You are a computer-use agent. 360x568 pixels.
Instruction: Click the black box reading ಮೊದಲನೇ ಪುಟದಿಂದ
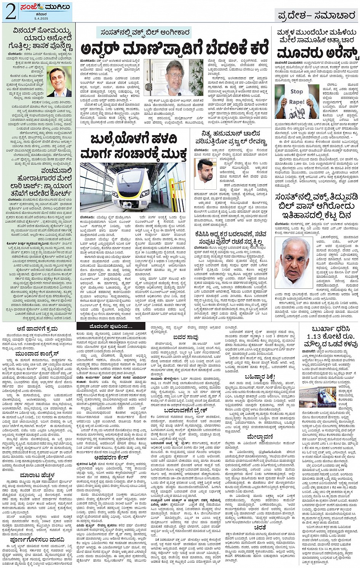tap(106, 326)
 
